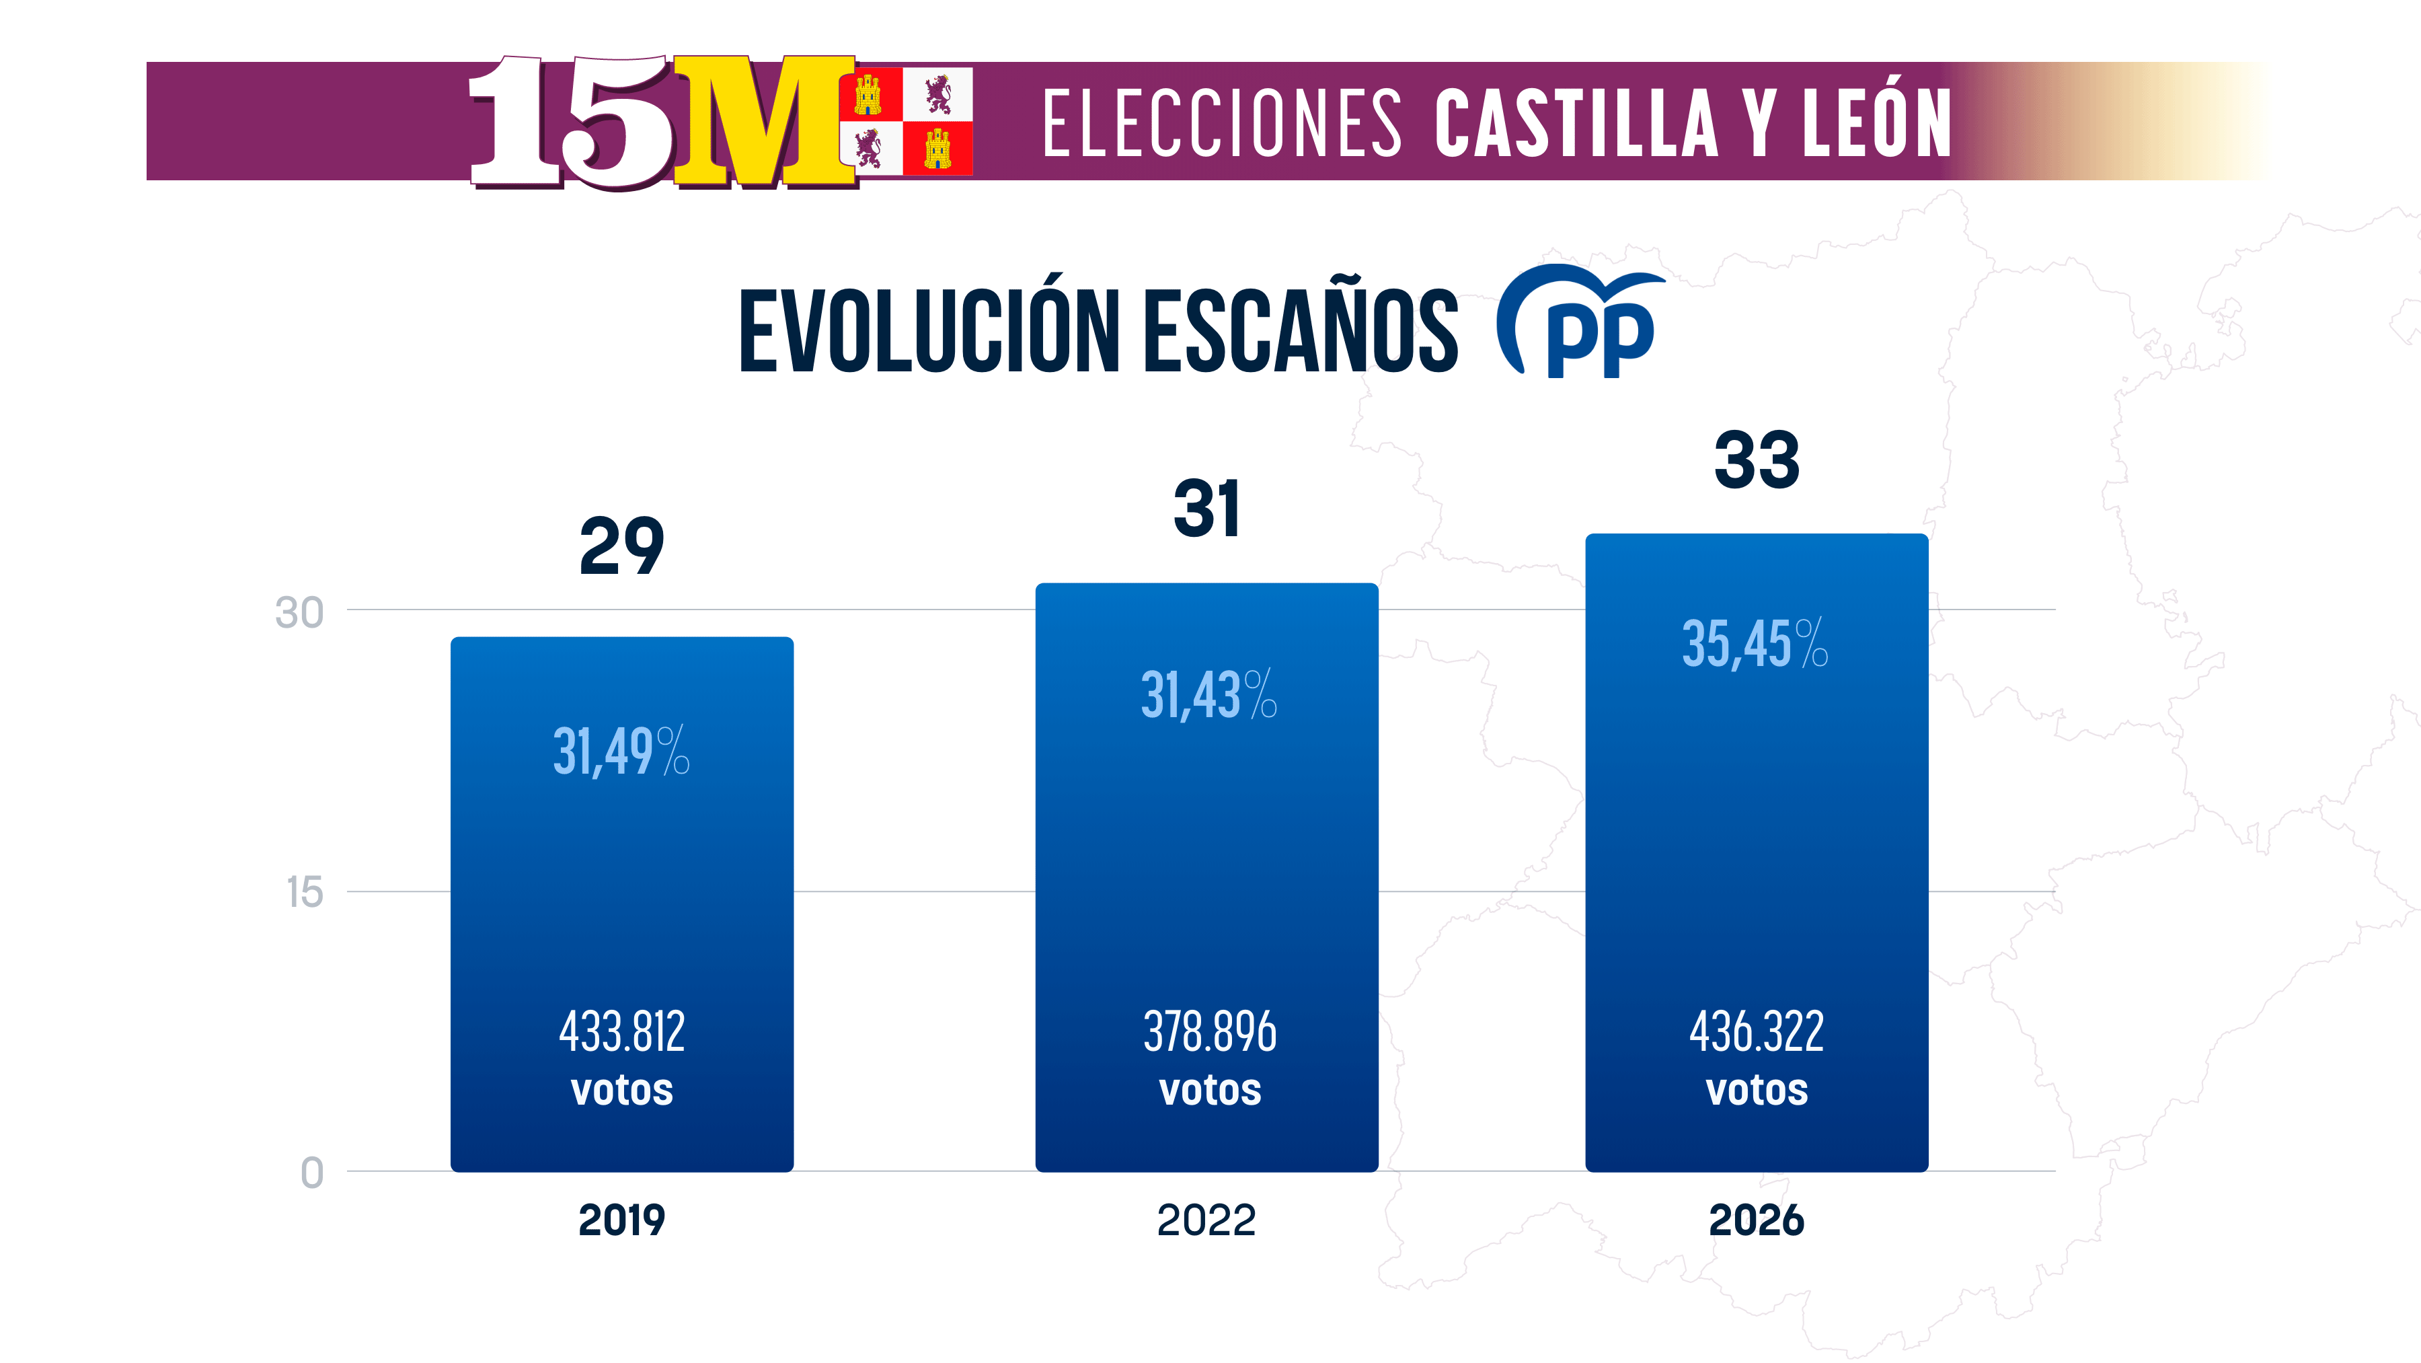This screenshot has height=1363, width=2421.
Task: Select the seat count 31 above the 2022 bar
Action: pos(1206,509)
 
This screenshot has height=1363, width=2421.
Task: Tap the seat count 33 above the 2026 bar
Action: pos(1757,461)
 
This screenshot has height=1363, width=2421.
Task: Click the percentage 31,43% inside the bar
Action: pos(1208,695)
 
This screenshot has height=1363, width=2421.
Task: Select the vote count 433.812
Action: pos(621,1031)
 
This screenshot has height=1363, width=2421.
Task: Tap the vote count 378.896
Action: pos(1210,1031)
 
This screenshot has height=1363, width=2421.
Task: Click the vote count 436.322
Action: pos(1757,1031)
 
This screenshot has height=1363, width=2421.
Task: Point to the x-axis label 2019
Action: pos(621,1220)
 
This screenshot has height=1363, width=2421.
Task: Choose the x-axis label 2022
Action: pos(1206,1220)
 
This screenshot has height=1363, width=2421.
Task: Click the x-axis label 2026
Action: pos(1757,1220)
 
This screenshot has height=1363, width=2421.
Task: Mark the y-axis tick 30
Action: pos(299,613)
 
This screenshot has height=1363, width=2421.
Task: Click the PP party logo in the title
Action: pos(1581,322)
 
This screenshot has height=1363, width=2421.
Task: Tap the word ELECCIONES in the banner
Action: pos(1222,123)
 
